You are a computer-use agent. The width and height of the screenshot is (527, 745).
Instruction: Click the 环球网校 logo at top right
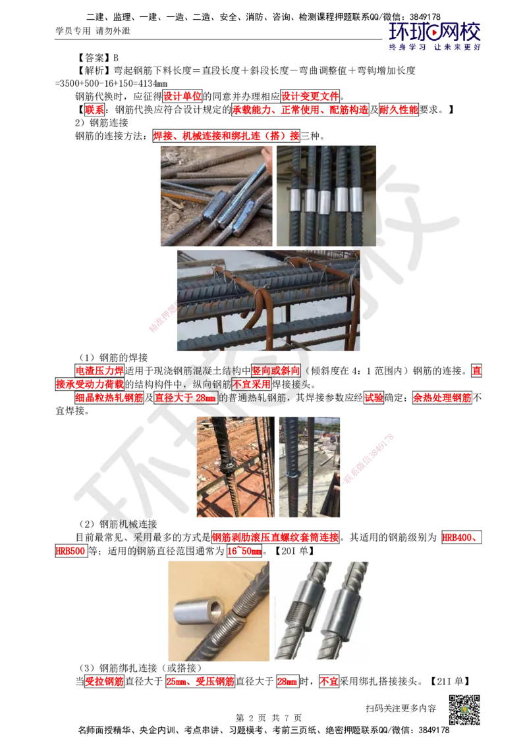[434, 36]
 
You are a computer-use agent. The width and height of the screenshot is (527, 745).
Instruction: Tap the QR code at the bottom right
[464, 710]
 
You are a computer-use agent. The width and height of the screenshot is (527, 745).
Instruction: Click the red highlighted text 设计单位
[182, 97]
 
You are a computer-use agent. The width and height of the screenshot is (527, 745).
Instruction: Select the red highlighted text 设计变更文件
[310, 97]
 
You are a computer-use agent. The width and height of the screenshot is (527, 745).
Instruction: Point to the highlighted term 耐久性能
[399, 110]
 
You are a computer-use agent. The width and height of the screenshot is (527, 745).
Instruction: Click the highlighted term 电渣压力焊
[99, 371]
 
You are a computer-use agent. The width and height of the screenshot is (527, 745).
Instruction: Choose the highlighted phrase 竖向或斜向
[276, 371]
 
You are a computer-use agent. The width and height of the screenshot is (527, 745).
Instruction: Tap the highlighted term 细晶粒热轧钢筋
[109, 398]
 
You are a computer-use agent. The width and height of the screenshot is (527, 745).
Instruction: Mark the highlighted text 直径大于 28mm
[185, 398]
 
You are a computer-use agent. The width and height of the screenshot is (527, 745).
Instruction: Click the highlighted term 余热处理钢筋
[442, 398]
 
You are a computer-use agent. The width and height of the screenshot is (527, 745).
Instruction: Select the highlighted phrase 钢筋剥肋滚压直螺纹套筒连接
[275, 538]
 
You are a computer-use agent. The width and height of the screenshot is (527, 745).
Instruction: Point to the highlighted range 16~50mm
[244, 551]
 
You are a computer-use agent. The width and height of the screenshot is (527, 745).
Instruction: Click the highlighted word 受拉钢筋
[104, 681]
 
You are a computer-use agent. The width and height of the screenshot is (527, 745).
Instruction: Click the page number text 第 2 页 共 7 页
[268, 718]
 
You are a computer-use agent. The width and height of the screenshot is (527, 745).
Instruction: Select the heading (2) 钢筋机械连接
[118, 524]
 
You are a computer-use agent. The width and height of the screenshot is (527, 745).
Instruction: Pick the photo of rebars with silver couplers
[326, 195]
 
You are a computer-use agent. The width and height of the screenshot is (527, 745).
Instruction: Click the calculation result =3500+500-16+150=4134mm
[111, 84]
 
